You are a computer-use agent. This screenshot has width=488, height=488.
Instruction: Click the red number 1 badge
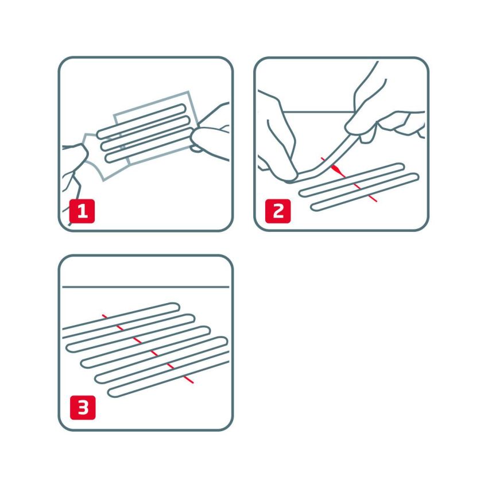point(82,211)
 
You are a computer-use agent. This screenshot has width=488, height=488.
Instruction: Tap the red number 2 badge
point(278,211)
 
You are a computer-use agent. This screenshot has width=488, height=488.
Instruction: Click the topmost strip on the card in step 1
point(144,119)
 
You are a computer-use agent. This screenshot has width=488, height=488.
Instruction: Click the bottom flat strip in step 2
point(364,192)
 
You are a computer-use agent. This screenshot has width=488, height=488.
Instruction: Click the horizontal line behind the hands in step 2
point(322,111)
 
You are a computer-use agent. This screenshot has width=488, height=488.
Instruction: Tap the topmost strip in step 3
point(121,317)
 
